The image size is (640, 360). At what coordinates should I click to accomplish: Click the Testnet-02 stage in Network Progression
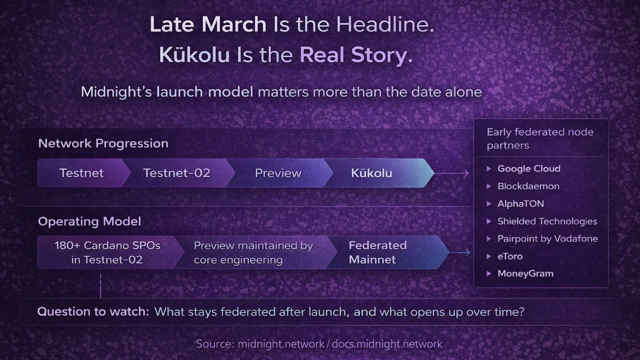pyautogui.click(x=177, y=173)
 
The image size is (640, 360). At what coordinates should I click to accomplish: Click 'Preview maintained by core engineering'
pyautogui.click(x=253, y=252)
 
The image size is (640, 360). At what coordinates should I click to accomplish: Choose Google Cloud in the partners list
pyautogui.click(x=529, y=168)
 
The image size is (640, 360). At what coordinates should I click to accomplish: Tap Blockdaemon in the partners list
pyautogui.click(x=528, y=186)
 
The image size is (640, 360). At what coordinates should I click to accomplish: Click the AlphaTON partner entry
pyautogui.click(x=520, y=203)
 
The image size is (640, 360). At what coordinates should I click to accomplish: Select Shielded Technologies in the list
pyautogui.click(x=547, y=221)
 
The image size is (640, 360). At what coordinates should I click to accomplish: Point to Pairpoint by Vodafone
pyautogui.click(x=547, y=238)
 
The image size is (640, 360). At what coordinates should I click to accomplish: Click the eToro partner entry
pyautogui.click(x=510, y=256)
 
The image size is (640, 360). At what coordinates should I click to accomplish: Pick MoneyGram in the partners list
pyautogui.click(x=525, y=273)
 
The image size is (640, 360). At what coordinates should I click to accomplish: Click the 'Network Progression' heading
pyautogui.click(x=103, y=143)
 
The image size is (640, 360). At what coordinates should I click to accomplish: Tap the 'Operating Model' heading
pyautogui.click(x=89, y=221)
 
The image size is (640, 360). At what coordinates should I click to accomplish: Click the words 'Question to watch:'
pyautogui.click(x=93, y=311)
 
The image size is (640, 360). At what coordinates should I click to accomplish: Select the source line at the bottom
pyautogui.click(x=319, y=343)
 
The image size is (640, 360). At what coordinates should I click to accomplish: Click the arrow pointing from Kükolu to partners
pyautogui.click(x=452, y=173)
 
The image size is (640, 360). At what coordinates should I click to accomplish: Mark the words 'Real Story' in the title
pyautogui.click(x=356, y=54)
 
